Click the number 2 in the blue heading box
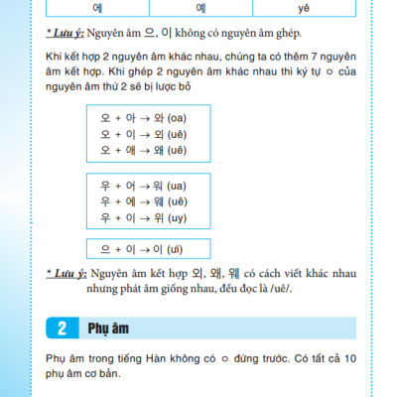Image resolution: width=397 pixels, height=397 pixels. (61, 328)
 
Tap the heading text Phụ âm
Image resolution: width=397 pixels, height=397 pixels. (105, 328)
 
